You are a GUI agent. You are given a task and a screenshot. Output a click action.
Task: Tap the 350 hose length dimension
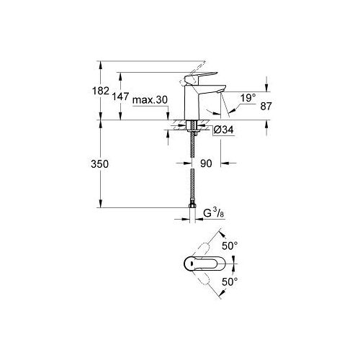[100, 164]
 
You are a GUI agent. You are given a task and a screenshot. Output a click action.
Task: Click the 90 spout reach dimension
[205, 164]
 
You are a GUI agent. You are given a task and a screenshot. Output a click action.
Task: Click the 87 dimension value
[266, 105]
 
